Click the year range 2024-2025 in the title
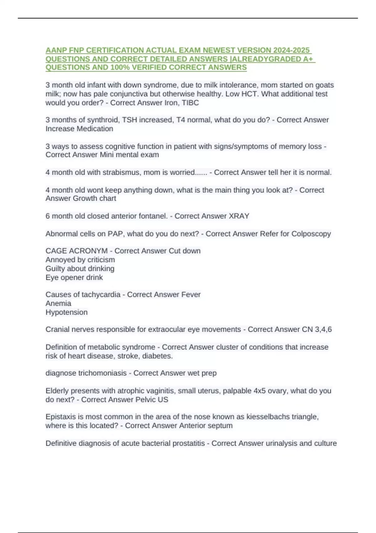(x=291, y=50)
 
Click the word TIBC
(x=190, y=103)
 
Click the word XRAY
(x=239, y=216)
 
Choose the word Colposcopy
(x=311, y=234)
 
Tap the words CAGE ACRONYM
(x=76, y=251)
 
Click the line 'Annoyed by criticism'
(x=80, y=260)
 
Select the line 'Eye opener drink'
(x=74, y=277)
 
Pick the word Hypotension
(x=66, y=312)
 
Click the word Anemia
(x=58, y=303)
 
